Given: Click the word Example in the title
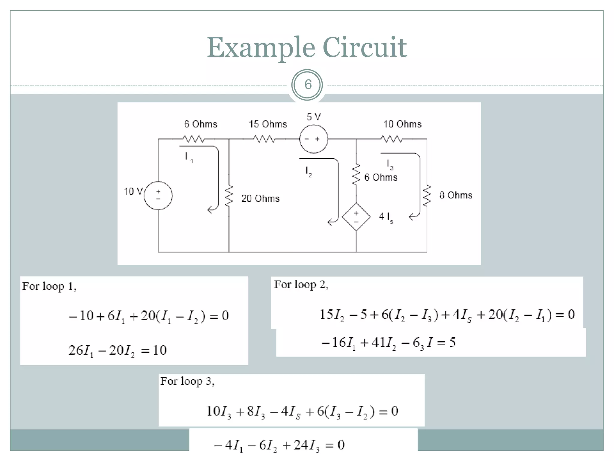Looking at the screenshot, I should point(261,48).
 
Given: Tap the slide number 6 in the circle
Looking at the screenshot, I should point(308,85).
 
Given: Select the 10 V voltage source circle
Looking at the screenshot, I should point(158,196).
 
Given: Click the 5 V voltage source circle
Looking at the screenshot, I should point(314,139).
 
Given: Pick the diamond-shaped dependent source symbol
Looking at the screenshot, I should point(356,217).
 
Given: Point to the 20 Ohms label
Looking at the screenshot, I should point(260,198).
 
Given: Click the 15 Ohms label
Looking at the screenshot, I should point(268,124).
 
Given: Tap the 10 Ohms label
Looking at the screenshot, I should point(402,124).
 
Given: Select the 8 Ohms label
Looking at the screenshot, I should point(456,195).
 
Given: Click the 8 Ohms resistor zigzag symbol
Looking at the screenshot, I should point(427,196).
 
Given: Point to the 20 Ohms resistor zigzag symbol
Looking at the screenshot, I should point(229,196).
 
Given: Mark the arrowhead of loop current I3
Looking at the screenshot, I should point(411,216).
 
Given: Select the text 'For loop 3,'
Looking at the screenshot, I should point(187,381).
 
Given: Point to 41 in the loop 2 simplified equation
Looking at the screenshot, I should point(378,342).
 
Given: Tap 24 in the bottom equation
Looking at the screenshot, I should point(301,445).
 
